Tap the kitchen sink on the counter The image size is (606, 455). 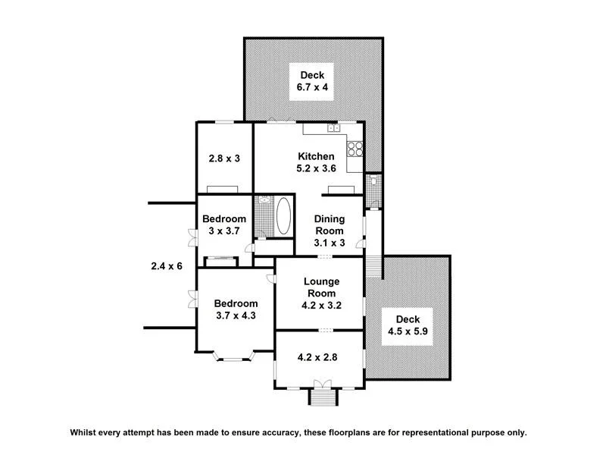coord(334,129)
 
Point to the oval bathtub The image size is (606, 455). coord(283,217)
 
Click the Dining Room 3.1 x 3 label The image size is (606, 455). coord(330,231)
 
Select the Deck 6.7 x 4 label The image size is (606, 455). coord(312,81)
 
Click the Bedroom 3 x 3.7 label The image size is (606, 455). coord(224,225)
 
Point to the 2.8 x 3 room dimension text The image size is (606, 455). coord(224,158)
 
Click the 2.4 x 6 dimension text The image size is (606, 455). coord(166,266)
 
